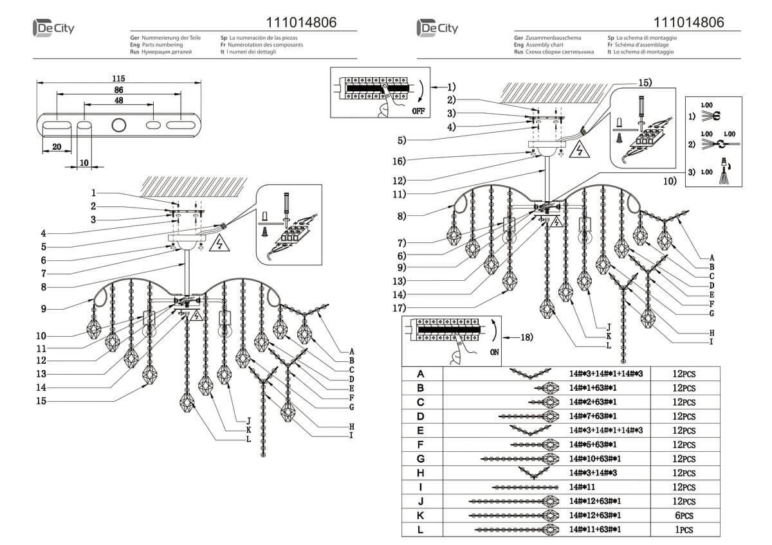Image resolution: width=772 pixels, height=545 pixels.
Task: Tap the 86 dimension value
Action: click(x=118, y=89)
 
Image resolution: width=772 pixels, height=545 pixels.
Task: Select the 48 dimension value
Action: click(x=118, y=100)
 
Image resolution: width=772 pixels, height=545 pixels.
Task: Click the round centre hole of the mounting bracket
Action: click(x=119, y=125)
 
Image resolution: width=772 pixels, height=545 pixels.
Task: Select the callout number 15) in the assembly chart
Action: click(x=644, y=83)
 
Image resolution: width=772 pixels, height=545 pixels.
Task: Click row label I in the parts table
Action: click(x=421, y=488)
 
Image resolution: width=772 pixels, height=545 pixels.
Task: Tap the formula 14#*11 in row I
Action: click(x=582, y=488)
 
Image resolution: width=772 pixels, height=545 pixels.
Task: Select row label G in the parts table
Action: click(x=421, y=459)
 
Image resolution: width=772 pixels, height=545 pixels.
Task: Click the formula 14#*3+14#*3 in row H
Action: click(x=592, y=473)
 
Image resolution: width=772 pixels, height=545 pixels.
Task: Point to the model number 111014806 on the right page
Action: click(x=688, y=22)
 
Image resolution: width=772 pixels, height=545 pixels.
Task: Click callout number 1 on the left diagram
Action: click(x=93, y=192)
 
